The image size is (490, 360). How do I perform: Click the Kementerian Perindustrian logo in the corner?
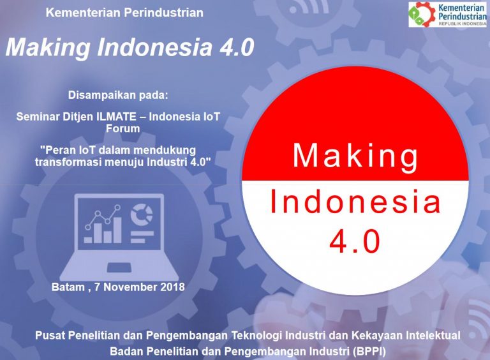coord(447,14)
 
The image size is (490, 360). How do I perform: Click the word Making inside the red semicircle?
coord(355,156)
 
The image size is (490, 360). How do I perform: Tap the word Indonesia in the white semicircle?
coord(355,201)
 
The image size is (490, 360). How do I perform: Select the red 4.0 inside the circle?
coord(355,241)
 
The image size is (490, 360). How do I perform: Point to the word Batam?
coord(68,287)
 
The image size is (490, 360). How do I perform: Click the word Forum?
coord(122,128)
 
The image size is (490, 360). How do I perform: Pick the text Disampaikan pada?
coord(118,95)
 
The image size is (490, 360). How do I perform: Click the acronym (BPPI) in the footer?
coord(369,351)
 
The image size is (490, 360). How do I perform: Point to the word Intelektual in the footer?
coord(433,335)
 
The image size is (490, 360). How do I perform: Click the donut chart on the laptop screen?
coord(142,214)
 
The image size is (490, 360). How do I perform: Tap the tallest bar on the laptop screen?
coord(117,230)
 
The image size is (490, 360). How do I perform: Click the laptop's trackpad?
coord(119,267)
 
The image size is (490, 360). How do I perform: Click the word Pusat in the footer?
coord(50,335)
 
